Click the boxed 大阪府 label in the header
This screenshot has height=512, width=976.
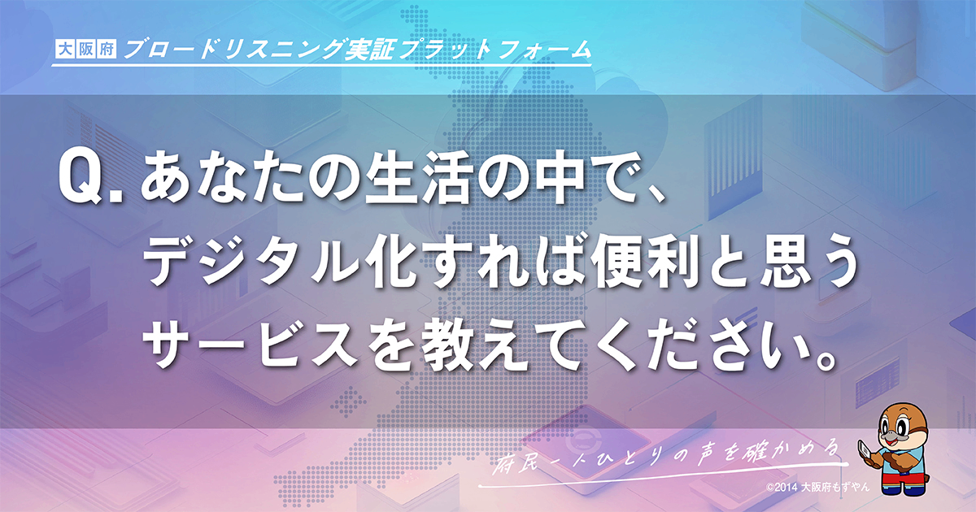(85, 50)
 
